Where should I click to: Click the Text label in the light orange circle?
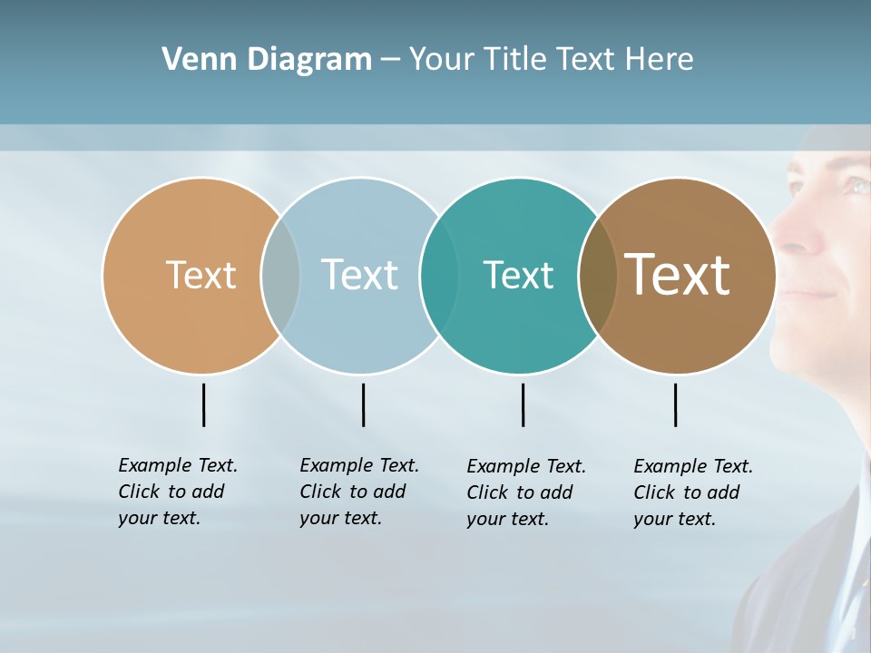pyautogui.click(x=201, y=275)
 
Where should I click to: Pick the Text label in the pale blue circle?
pyautogui.click(x=359, y=275)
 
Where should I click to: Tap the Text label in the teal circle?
pyautogui.click(x=518, y=275)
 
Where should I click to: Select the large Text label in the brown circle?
pyautogui.click(x=678, y=275)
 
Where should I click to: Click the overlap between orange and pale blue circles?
pyautogui.click(x=280, y=276)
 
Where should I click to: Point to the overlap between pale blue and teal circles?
pyautogui.click(x=439, y=276)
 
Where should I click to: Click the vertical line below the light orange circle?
pyautogui.click(x=203, y=404)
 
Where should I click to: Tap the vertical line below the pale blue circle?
pyautogui.click(x=363, y=404)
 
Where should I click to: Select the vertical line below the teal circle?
pyautogui.click(x=523, y=404)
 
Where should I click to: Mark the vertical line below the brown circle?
pyautogui.click(x=675, y=404)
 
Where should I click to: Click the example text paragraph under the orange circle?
pyautogui.click(x=177, y=492)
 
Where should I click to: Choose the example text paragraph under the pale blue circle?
pyautogui.click(x=358, y=492)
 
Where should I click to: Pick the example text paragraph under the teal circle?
pyautogui.click(x=525, y=492)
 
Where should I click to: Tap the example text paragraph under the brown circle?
pyautogui.click(x=692, y=492)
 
